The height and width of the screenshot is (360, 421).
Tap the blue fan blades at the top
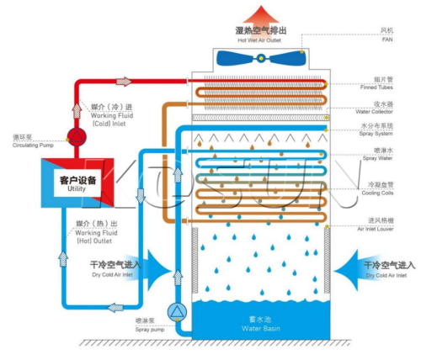point(259,57)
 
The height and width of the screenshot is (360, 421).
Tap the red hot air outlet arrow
point(259,12)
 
